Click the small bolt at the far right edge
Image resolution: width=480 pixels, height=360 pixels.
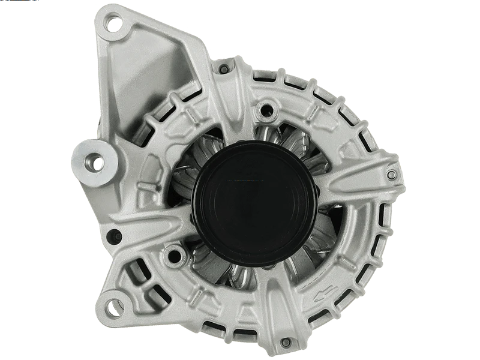[x=392, y=175]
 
